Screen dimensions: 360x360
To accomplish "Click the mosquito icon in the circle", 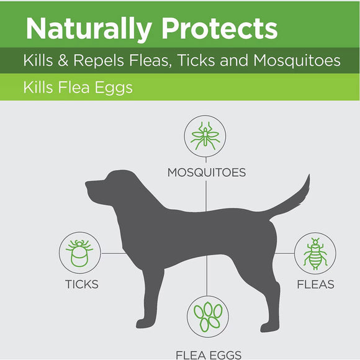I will (205, 137).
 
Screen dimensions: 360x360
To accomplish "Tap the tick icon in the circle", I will (80, 252).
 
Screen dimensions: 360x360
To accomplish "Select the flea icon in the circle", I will (315, 253).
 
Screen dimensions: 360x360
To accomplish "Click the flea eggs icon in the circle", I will (207, 318).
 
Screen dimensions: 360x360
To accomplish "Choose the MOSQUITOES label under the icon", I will (206, 172).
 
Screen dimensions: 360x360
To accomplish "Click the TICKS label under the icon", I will (81, 285).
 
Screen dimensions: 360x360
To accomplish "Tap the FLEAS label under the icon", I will (315, 285).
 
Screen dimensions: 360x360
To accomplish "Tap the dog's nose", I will (88, 184).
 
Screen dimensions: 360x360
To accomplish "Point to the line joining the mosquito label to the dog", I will (207, 196).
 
